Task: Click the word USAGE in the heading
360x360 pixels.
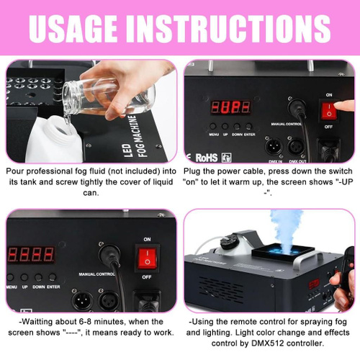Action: click(73, 29)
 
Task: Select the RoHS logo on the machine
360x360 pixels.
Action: click(207, 158)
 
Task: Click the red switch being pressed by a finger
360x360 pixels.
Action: click(329, 110)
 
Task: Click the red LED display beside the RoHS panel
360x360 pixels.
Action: click(230, 107)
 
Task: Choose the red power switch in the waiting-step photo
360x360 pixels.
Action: click(147, 258)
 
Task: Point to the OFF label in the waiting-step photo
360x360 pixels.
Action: click(146, 277)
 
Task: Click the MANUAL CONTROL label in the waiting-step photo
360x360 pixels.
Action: click(96, 274)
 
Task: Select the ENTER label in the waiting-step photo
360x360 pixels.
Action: click(53, 287)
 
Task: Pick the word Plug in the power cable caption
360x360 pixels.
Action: click(192, 171)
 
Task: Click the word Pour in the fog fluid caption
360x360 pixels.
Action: click(15, 171)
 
